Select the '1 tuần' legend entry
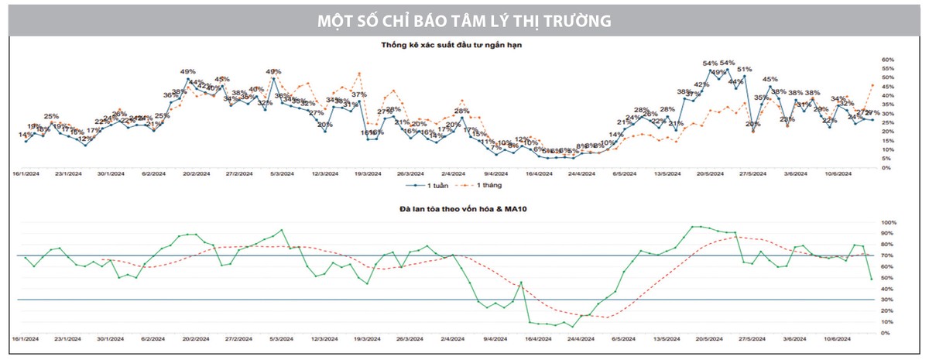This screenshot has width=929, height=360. pyautogui.click(x=430, y=186)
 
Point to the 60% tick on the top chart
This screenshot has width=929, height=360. pyautogui.click(x=887, y=59)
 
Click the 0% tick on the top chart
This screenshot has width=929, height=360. pyautogui.click(x=885, y=167)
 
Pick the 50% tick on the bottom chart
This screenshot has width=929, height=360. pyautogui.click(x=887, y=277)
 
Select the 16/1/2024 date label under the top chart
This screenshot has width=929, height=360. pyautogui.click(x=26, y=173)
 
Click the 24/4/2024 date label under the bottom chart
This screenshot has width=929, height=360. pyautogui.click(x=583, y=338)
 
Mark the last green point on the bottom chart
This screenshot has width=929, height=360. pyautogui.click(x=872, y=279)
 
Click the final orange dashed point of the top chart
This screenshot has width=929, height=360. pyautogui.click(x=872, y=85)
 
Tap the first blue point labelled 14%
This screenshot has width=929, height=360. pyautogui.click(x=26, y=141)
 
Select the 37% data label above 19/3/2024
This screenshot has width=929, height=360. pyautogui.click(x=358, y=94)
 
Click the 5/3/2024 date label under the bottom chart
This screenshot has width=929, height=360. pyautogui.click(x=279, y=338)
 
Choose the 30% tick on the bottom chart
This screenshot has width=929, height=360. pyautogui.click(x=887, y=300)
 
